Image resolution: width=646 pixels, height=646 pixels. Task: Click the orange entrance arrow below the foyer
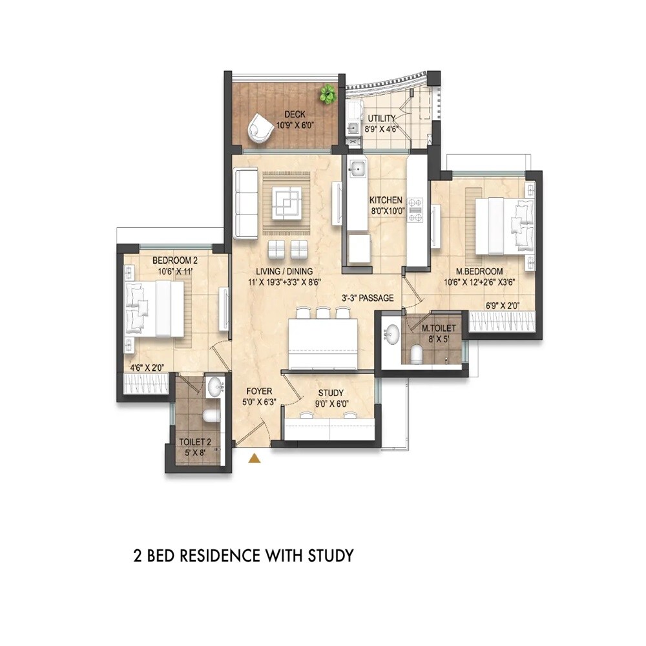255,459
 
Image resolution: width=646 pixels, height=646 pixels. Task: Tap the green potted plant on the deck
328,95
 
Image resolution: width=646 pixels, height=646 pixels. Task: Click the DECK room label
276,115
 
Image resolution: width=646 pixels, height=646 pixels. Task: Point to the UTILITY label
382,119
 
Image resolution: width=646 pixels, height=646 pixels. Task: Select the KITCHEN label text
386,200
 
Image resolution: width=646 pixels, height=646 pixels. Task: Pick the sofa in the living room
246,203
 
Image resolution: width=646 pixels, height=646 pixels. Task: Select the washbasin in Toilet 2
214,388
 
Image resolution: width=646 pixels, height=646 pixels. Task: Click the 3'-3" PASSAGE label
368,299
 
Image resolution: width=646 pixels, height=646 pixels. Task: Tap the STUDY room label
331,393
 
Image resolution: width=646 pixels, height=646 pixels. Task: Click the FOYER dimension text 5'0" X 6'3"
259,402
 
